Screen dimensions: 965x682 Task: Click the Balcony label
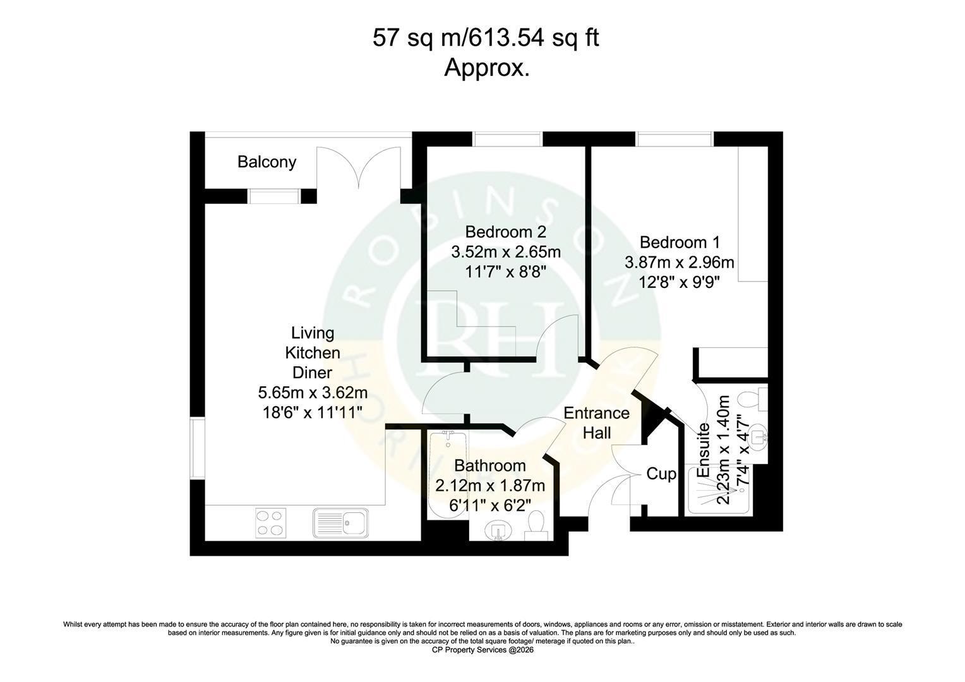pyautogui.click(x=267, y=162)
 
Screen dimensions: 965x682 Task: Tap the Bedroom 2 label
pyautogui.click(x=506, y=232)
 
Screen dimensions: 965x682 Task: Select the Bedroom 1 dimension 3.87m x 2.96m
pyautogui.click(x=680, y=262)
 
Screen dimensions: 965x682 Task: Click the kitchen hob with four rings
pyautogui.click(x=270, y=523)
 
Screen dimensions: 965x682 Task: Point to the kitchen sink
pyautogui.click(x=341, y=523)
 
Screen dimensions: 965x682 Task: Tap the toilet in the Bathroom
pyautogui.click(x=536, y=525)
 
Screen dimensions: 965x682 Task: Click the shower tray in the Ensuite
pyautogui.click(x=720, y=491)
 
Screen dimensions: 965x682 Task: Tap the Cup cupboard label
pyautogui.click(x=661, y=474)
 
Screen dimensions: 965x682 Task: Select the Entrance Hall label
pyautogui.click(x=597, y=422)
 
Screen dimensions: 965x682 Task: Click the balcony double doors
pyautogui.click(x=359, y=167)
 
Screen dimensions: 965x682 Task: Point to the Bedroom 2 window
pyautogui.click(x=507, y=139)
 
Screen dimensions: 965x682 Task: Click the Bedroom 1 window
pyautogui.click(x=674, y=139)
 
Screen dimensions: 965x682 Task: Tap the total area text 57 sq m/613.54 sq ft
pyautogui.click(x=486, y=38)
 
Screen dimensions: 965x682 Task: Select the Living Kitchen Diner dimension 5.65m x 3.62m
pyautogui.click(x=313, y=393)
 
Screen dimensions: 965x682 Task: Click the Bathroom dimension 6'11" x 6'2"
pyautogui.click(x=490, y=505)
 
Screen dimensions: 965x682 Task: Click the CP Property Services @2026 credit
pyautogui.click(x=482, y=650)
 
